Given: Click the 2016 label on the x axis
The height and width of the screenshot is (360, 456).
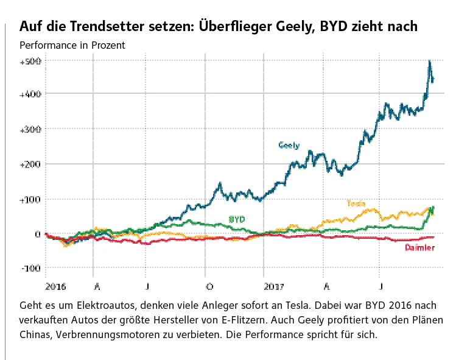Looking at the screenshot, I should [55, 285].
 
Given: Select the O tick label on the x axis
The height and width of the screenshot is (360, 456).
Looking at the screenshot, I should [209, 285].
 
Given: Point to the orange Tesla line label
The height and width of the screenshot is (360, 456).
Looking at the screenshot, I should [356, 203].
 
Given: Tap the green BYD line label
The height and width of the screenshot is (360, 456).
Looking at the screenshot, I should [237, 219].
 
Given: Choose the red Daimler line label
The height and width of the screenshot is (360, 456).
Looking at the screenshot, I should [419, 248].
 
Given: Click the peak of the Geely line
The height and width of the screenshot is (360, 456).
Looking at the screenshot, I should [430, 61].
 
